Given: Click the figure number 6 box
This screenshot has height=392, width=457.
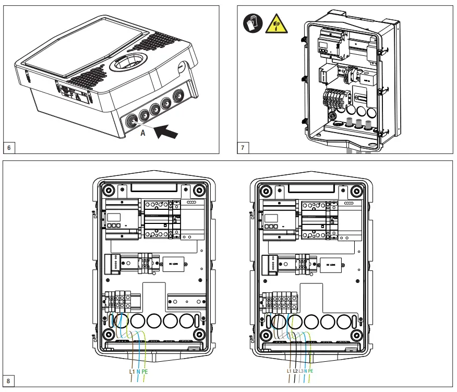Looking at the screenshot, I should pyautogui.click(x=9, y=147).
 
